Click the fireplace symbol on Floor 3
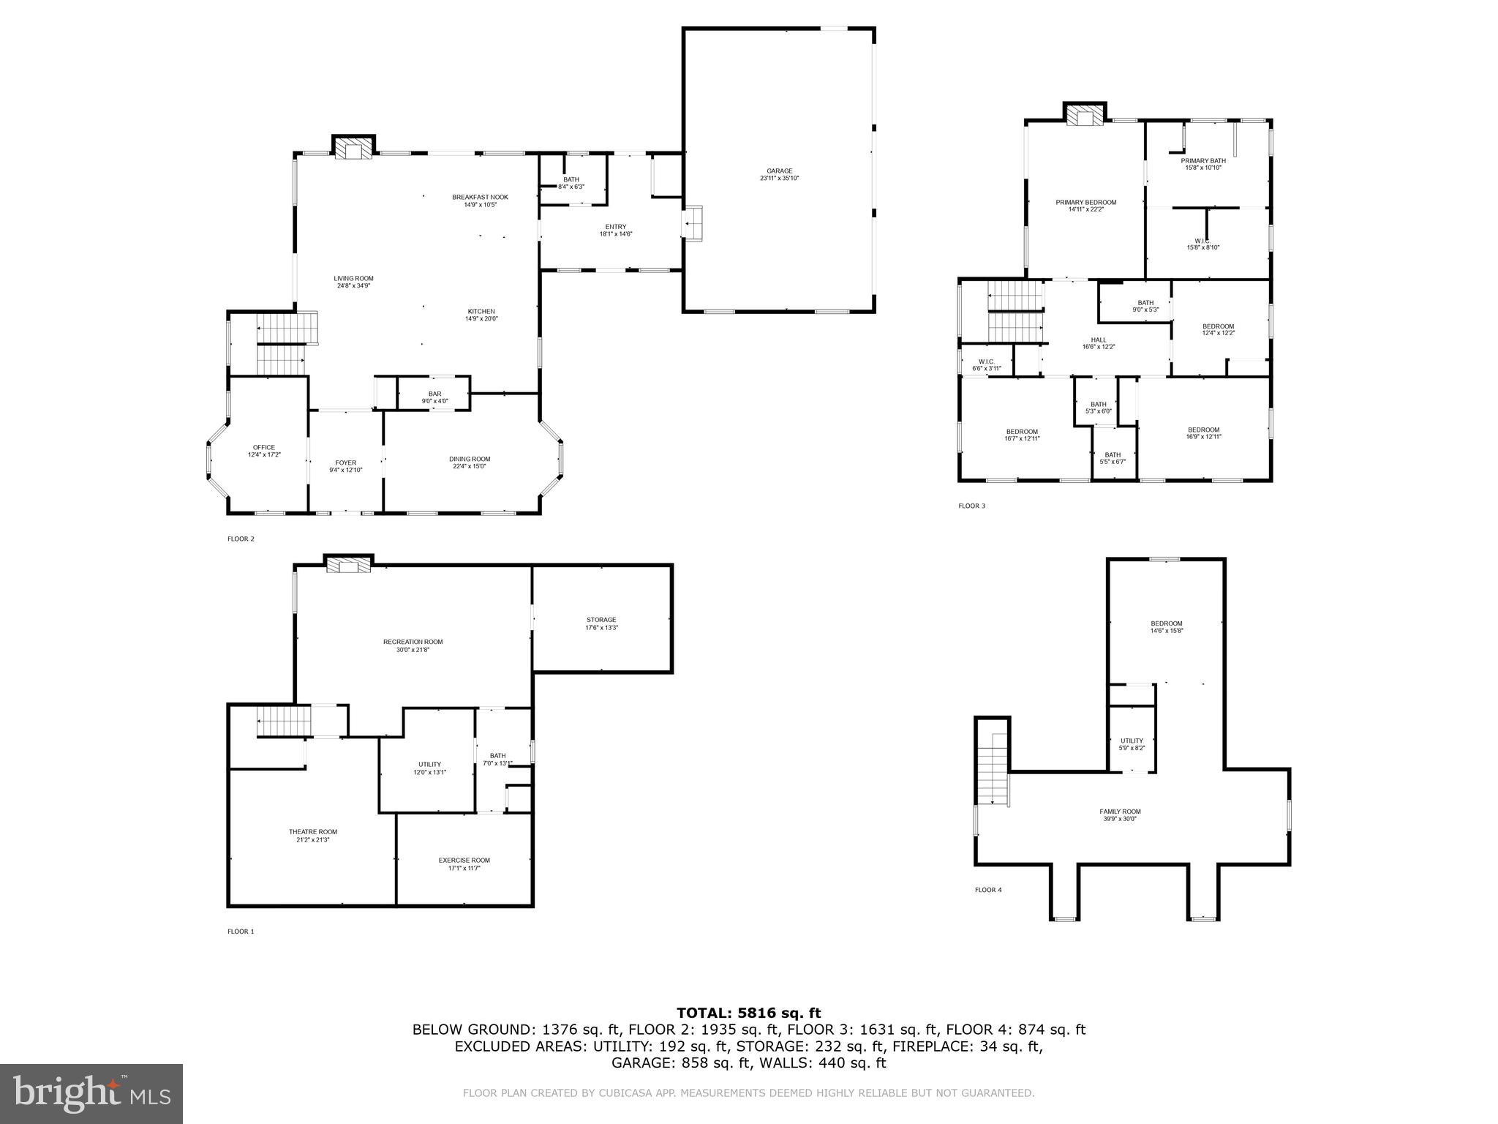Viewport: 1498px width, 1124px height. (1084, 116)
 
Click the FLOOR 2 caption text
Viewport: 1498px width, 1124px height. (241, 539)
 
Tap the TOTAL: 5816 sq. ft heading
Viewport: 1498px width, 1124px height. (748, 1014)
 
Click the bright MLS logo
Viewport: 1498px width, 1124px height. (91, 1093)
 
